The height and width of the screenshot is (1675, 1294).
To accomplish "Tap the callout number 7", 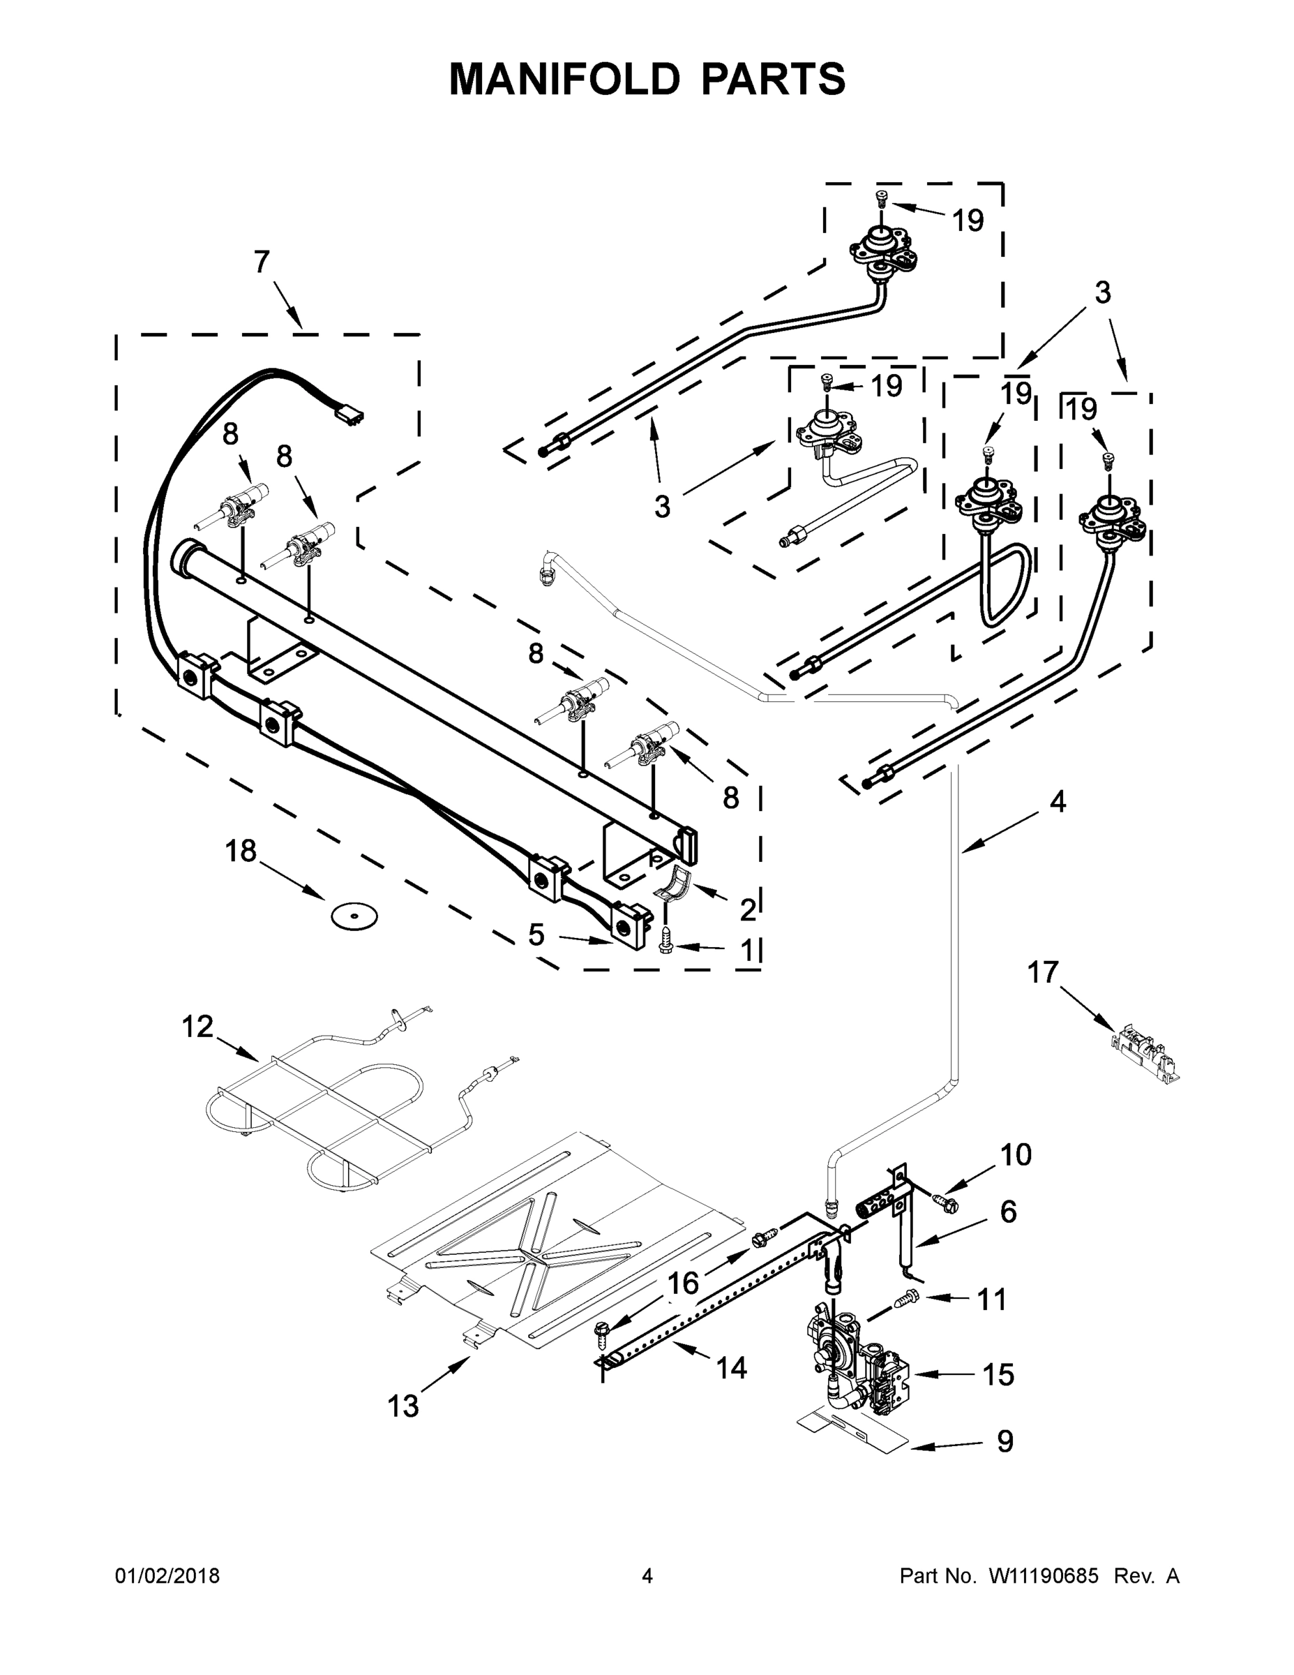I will click(x=262, y=262).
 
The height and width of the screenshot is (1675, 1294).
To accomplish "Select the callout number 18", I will click(x=241, y=851).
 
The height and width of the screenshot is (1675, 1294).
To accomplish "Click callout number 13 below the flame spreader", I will click(x=403, y=1406).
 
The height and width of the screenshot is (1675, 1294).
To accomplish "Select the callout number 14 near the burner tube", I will click(x=731, y=1367).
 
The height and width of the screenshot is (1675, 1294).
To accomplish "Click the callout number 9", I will click(x=1005, y=1441).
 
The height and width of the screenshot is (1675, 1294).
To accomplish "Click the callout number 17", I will click(x=1043, y=972).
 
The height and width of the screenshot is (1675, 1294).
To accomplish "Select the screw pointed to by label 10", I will click(x=945, y=1205).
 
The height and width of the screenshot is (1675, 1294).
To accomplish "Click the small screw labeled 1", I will click(x=665, y=946).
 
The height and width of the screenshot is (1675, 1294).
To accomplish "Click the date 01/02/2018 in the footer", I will click(x=167, y=1576).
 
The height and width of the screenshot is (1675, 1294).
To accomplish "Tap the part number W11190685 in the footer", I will click(x=1044, y=1576).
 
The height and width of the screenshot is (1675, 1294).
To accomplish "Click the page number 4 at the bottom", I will click(x=647, y=1576).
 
